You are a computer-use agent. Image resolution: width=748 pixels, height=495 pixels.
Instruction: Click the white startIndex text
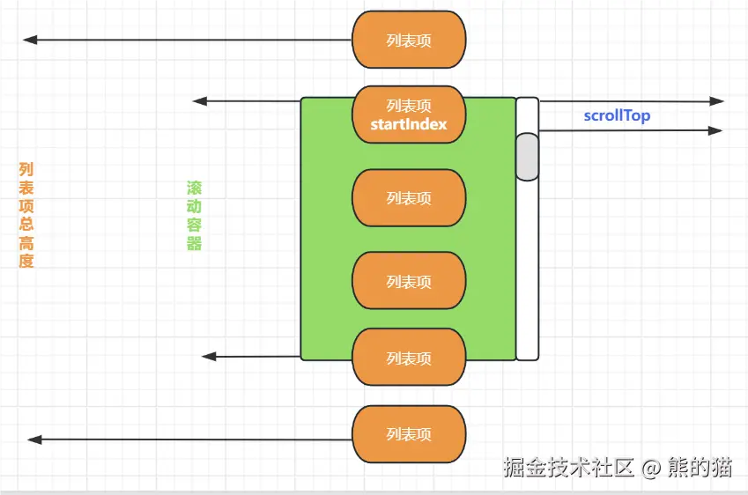click(408, 124)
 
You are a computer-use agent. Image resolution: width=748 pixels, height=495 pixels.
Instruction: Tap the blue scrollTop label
click(617, 115)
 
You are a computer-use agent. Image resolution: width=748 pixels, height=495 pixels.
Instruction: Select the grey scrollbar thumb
click(527, 156)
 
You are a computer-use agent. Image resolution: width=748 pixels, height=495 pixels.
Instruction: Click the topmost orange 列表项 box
click(408, 40)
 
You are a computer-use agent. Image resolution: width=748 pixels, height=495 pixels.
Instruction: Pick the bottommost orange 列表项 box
click(408, 434)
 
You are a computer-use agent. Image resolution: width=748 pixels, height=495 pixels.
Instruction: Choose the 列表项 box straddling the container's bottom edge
click(408, 358)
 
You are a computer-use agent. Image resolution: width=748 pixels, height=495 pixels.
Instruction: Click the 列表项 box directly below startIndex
click(408, 198)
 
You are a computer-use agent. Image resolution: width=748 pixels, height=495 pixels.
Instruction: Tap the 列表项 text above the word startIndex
click(408, 106)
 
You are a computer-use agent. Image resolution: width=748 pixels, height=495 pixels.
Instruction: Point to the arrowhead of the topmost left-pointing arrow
click(29, 40)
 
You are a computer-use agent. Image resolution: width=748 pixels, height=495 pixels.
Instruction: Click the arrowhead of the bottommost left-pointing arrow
click(33, 439)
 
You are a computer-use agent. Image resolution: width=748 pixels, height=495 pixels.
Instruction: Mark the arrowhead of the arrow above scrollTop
click(717, 102)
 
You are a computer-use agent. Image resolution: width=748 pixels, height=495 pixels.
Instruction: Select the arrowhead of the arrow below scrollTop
click(716, 130)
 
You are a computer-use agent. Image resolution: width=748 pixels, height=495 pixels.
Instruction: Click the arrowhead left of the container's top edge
click(199, 101)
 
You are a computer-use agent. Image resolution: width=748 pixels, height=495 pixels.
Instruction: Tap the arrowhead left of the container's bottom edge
click(208, 357)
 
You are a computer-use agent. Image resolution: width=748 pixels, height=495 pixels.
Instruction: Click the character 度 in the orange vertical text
click(26, 262)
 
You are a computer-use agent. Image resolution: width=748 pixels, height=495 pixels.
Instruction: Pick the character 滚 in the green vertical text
click(194, 188)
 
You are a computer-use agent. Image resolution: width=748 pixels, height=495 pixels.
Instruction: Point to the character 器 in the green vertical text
click(194, 244)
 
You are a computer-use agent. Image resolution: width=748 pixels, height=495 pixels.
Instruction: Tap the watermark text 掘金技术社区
click(568, 468)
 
